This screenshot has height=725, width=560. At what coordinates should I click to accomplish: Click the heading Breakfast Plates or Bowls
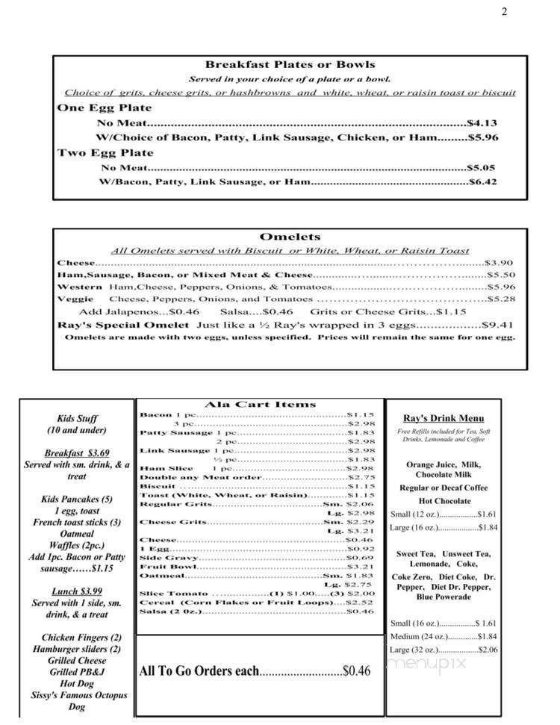290,65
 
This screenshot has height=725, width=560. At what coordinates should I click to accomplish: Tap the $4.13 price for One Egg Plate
482,123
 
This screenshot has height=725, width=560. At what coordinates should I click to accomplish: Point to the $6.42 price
482,181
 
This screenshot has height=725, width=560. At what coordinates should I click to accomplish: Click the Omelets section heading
290,237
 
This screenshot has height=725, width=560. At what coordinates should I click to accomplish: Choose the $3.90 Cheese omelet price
499,263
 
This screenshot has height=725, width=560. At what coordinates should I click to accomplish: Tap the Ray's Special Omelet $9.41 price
499,326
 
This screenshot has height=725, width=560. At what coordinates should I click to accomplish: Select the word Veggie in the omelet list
75,299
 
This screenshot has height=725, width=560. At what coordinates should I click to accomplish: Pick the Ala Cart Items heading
260,405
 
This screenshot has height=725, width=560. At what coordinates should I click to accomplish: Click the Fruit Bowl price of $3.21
361,566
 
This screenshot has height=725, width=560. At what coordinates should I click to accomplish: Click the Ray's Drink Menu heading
444,419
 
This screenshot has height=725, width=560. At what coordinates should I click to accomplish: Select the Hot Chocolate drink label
444,501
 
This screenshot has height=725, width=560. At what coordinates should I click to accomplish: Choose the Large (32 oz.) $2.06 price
487,650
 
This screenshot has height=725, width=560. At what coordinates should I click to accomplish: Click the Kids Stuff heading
77,419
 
